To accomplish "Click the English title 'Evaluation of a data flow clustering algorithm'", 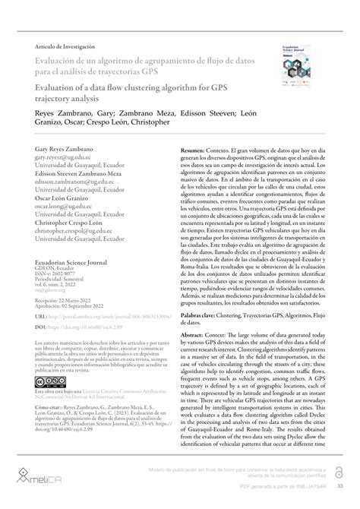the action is coord(137,87).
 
